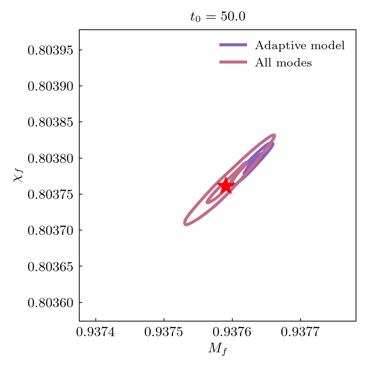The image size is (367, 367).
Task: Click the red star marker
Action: tap(226, 186)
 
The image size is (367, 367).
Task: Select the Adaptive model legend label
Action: tap(300, 46)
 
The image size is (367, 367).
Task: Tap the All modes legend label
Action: tap(283, 63)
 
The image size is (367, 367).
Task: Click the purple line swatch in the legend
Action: tap(233, 45)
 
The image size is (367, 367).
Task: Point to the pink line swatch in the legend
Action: tap(233, 62)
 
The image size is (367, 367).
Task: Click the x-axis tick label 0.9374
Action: tap(96, 333)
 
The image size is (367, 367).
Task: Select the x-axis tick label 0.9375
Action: tap(164, 333)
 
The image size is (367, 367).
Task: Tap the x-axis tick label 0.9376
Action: tap(232, 333)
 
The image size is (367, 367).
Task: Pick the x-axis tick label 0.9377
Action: tap(301, 333)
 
